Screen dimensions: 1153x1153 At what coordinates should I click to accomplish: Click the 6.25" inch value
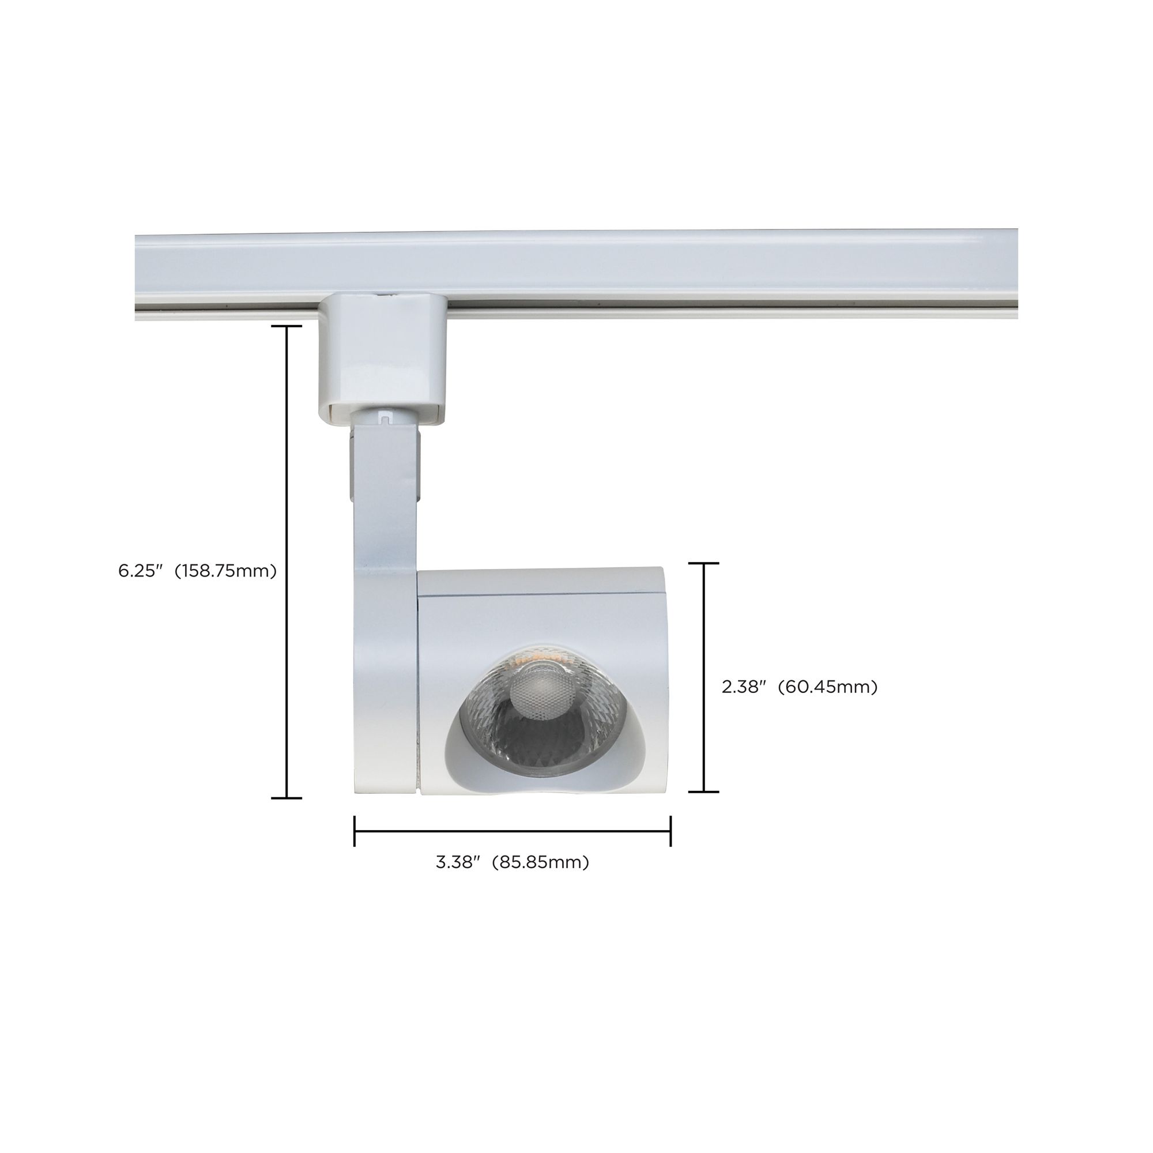coord(140,571)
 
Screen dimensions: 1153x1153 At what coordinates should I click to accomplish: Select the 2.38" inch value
coord(744,687)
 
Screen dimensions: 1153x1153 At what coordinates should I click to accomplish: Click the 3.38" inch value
coord(458,862)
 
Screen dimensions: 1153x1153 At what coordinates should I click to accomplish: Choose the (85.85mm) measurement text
coord(540,862)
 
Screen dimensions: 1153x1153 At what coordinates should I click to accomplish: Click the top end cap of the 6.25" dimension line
coord(287,326)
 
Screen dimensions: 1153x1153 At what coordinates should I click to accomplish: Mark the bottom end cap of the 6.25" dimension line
coord(287,798)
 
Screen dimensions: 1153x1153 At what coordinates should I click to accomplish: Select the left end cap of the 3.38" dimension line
coord(355,831)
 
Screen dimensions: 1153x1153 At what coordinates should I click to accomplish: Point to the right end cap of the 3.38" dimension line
coord(671,831)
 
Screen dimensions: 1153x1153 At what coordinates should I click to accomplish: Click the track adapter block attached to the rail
coord(382,358)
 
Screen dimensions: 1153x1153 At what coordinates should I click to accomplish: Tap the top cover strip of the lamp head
coord(540,582)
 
